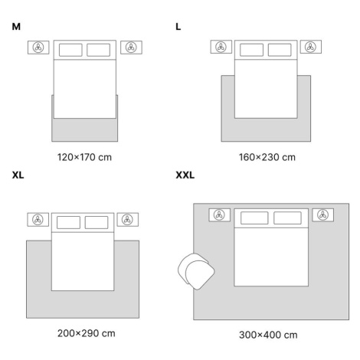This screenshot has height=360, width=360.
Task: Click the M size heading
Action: (x=16, y=27)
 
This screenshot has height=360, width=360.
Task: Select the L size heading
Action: (x=178, y=27)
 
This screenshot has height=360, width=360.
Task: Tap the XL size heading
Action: (x=18, y=175)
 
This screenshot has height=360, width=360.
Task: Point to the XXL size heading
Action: (x=185, y=175)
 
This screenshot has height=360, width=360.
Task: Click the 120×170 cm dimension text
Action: (x=84, y=157)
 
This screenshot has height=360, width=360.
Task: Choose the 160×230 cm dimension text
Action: (x=267, y=157)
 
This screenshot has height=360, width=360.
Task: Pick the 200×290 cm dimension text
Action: (x=87, y=333)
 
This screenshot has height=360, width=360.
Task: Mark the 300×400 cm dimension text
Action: (x=268, y=335)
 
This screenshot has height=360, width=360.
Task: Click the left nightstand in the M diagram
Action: (x=38, y=47)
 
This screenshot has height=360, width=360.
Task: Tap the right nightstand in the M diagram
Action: (x=131, y=47)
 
